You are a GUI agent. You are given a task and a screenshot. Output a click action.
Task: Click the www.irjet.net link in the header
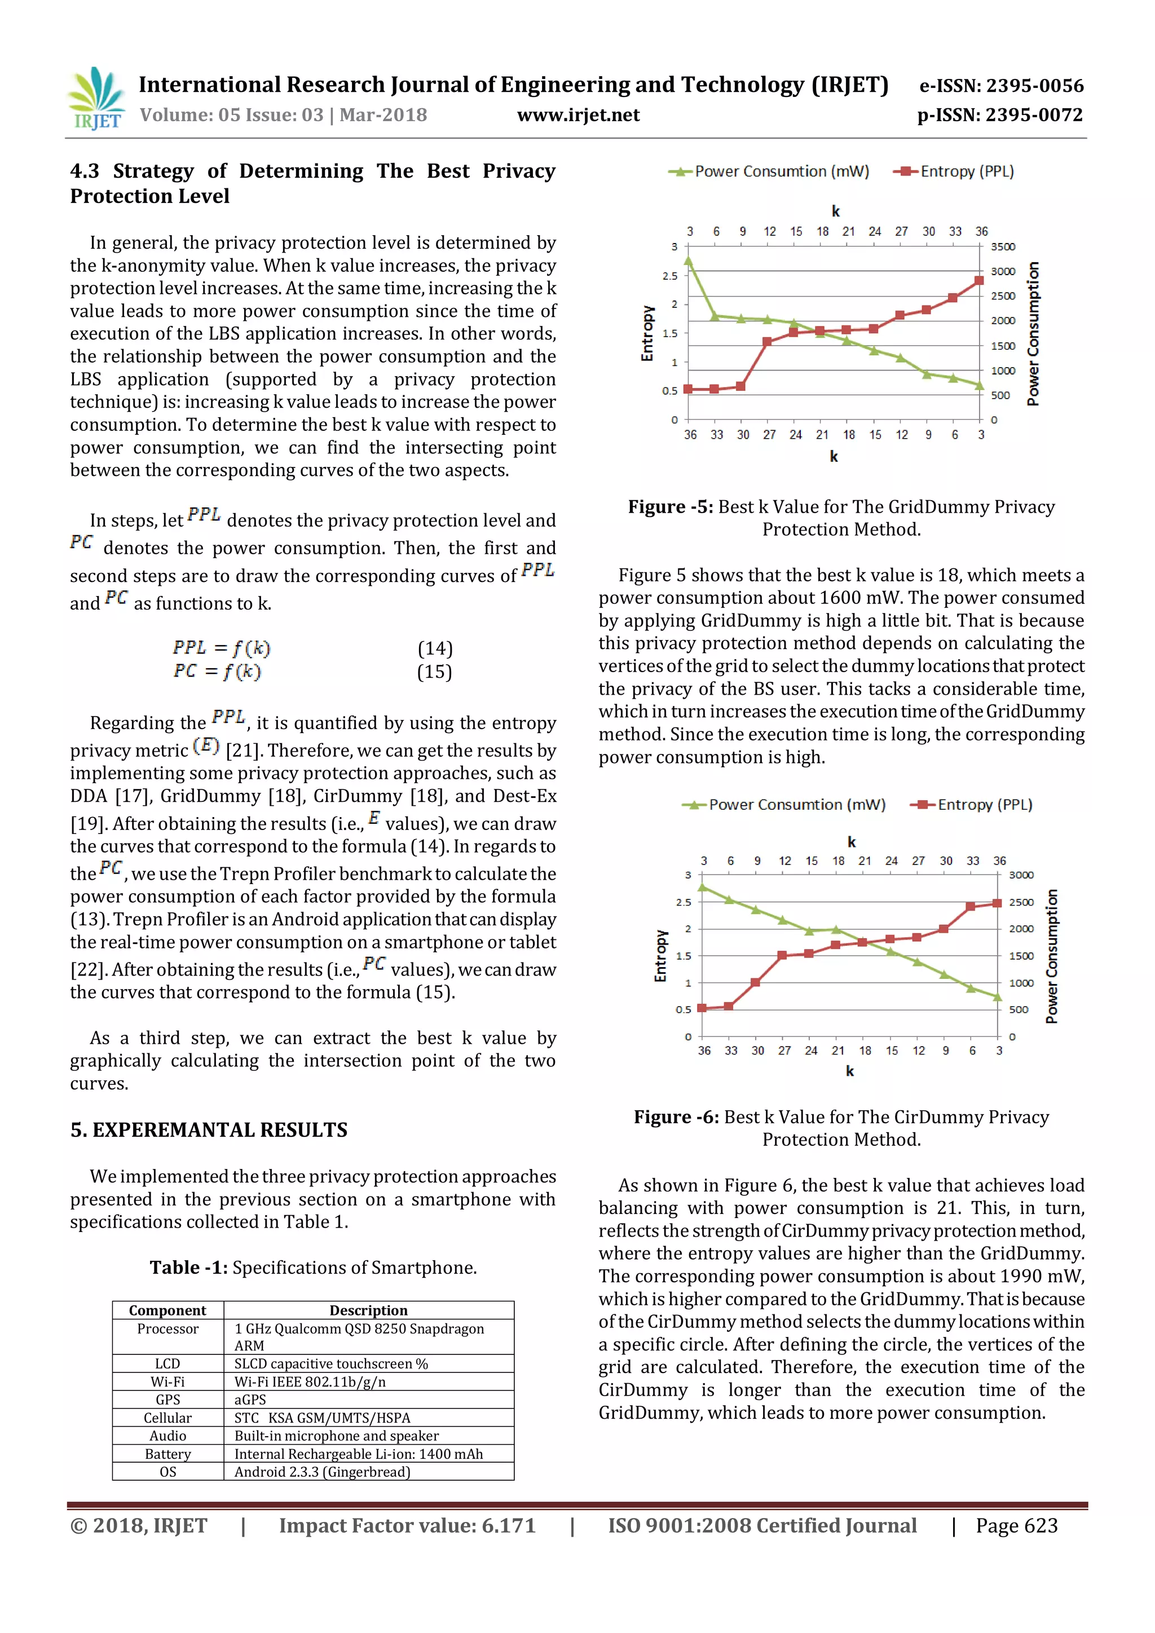[x=577, y=115]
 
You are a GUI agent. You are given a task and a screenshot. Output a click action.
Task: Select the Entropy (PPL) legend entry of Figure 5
[x=954, y=171]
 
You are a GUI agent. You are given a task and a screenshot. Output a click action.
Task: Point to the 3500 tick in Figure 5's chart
[x=1002, y=247]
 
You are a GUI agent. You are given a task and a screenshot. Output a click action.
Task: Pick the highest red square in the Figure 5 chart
[x=980, y=280]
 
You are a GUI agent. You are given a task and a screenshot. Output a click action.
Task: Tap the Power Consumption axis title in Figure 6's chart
[x=1051, y=956]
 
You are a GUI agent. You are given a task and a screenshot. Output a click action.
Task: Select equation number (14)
[x=435, y=648]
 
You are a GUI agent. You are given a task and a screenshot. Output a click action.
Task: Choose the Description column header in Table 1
[x=368, y=1310]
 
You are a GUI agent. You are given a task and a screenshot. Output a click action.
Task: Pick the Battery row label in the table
[x=168, y=1454]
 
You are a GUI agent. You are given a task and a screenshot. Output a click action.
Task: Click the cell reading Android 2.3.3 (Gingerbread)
[x=322, y=1472]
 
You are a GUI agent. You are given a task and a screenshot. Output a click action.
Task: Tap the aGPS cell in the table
[x=250, y=1399]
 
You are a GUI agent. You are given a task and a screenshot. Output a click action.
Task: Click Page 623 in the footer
[x=1016, y=1526]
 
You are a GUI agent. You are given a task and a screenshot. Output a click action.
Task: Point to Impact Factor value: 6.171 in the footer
[x=407, y=1526]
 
